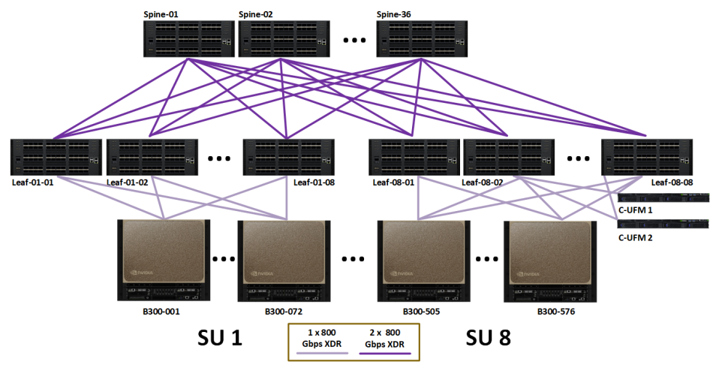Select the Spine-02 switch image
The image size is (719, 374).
coord(283,38)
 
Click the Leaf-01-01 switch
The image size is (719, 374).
coord(56,157)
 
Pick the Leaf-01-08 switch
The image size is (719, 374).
coord(287,157)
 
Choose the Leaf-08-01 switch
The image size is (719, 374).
coord(414,157)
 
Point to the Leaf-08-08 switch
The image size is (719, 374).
coord(646,157)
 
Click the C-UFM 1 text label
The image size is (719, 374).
coord(636,212)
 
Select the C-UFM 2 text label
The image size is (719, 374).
coord(636,238)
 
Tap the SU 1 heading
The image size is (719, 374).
coord(220,338)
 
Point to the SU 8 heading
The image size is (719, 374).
coord(489,338)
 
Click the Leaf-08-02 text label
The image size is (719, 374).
coord(482,182)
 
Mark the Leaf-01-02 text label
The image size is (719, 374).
coord(127,182)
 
